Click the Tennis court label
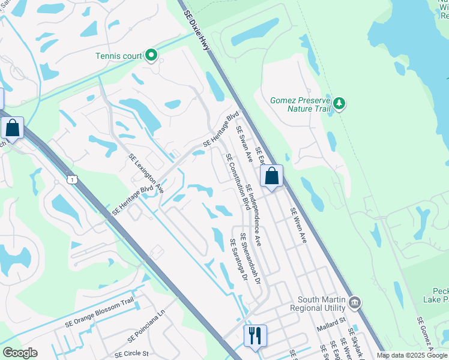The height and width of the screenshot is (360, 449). coord(118,56)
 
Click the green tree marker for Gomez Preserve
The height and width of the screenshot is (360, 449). coord(340,104)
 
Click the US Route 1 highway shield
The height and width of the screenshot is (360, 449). coord(73,179)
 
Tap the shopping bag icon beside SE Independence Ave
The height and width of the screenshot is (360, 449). coord(271,177)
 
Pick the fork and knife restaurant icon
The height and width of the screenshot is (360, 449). coord(255,336)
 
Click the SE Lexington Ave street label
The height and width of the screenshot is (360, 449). coord(146,173)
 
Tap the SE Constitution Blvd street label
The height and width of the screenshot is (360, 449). coord(238,181)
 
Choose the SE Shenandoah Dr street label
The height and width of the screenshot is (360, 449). coord(251,259)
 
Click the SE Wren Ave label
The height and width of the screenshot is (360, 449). coord(298,225)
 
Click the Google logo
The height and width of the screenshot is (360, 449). coord(20,353)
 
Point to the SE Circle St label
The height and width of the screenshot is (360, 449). coord(131,354)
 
